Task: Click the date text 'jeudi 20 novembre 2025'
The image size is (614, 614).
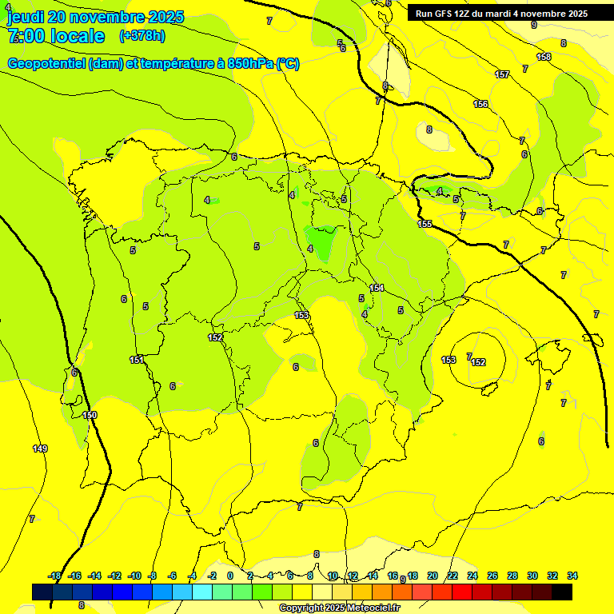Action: click(95, 17)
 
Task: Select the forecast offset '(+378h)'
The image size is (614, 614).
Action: click(142, 36)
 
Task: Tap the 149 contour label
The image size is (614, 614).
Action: click(40, 449)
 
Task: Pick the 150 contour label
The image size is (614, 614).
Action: click(90, 415)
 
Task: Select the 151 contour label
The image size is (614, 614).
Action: click(137, 360)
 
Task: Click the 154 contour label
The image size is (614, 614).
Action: click(377, 288)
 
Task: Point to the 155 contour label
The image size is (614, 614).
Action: click(425, 224)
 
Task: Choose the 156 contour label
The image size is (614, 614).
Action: click(480, 104)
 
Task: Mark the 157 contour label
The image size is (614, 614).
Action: click(502, 74)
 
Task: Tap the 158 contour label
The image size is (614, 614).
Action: click(544, 57)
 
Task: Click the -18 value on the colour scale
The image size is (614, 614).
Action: click(55, 576)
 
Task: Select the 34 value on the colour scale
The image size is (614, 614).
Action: click(572, 576)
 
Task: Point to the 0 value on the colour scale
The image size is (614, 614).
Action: click(230, 576)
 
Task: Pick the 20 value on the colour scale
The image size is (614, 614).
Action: click(433, 576)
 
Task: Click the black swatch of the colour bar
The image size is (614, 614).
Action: click(562, 592)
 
